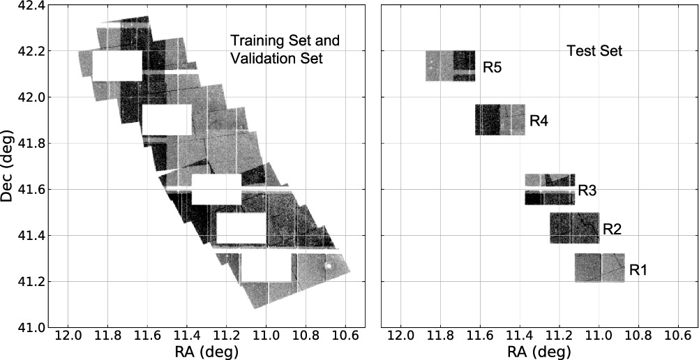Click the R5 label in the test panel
492,68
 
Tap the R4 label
539,121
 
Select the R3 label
587,190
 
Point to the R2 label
612,228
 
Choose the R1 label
638,269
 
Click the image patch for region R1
599,268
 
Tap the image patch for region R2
574,228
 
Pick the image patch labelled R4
499,119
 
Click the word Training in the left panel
254,40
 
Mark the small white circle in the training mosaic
329,265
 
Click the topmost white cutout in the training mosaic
117,66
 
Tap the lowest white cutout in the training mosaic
266,267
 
